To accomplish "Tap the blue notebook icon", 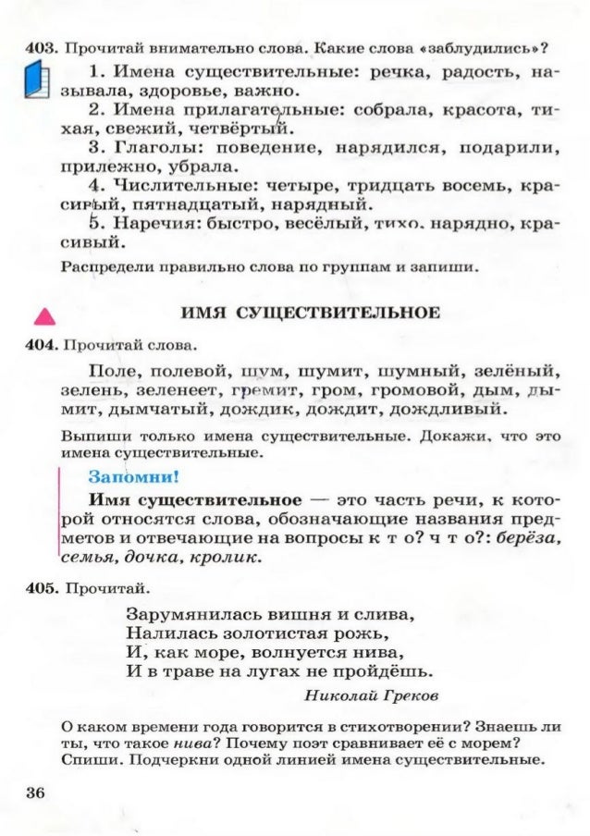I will click(36, 82).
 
